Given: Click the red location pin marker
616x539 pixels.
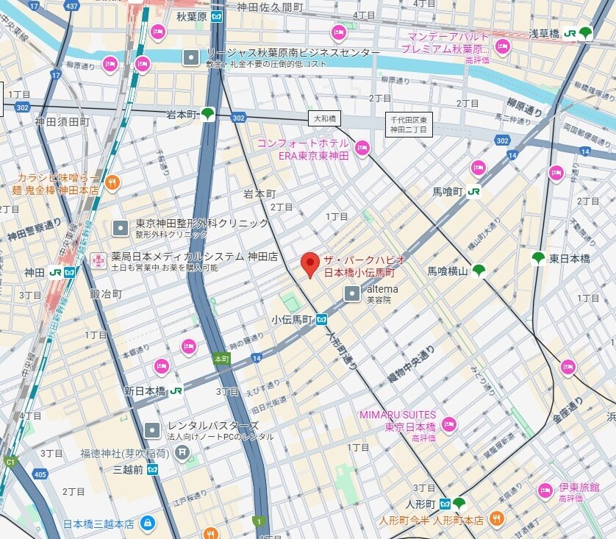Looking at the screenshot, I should point(311,263).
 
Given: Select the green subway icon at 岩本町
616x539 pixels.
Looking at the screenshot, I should point(208,114).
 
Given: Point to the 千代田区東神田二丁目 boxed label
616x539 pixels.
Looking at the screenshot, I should point(409,124).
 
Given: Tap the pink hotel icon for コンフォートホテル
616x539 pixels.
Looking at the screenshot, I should point(362,149).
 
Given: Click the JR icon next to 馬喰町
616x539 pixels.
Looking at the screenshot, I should point(474,191).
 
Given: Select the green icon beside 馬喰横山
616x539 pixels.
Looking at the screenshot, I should point(479,271).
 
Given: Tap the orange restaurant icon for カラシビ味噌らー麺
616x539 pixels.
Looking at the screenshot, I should point(112,183).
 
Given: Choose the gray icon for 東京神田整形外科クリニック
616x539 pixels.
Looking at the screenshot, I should point(119,228).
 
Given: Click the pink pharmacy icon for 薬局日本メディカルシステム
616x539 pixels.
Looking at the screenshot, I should point(97,261).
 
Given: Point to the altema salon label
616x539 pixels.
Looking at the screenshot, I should point(382,289).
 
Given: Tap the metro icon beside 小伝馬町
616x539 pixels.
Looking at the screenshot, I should point(321,320).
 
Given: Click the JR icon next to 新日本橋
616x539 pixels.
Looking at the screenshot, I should point(176,391).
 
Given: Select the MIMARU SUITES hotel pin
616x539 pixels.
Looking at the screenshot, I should point(448,425).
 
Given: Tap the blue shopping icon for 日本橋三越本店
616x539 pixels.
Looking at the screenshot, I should point(148,524).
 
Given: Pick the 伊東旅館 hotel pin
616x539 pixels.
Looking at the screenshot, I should point(545,491).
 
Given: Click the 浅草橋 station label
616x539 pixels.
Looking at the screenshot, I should point(545,33).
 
